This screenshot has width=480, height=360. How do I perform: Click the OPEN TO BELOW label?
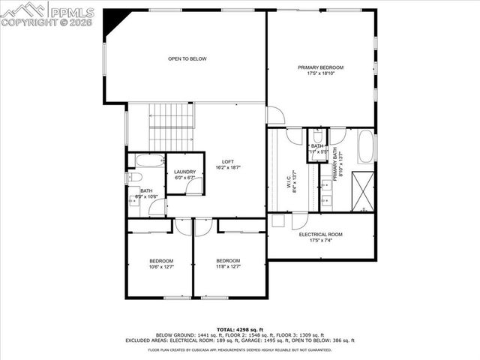(x=187, y=58)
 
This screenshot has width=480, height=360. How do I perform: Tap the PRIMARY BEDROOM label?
(x=320, y=67)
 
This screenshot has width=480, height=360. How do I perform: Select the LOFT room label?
(x=228, y=162)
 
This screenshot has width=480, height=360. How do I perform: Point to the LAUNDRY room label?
(x=184, y=172)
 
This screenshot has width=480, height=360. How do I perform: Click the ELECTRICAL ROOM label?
(x=320, y=235)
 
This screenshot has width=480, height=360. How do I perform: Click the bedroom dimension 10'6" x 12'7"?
(x=161, y=266)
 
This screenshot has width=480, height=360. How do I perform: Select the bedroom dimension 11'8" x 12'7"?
(x=228, y=266)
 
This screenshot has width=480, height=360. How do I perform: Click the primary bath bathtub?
(x=365, y=147)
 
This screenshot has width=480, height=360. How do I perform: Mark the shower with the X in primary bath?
(x=364, y=187)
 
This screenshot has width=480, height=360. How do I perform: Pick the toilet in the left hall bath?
(x=135, y=178)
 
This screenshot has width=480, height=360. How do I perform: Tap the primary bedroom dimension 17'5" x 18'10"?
(x=320, y=73)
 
